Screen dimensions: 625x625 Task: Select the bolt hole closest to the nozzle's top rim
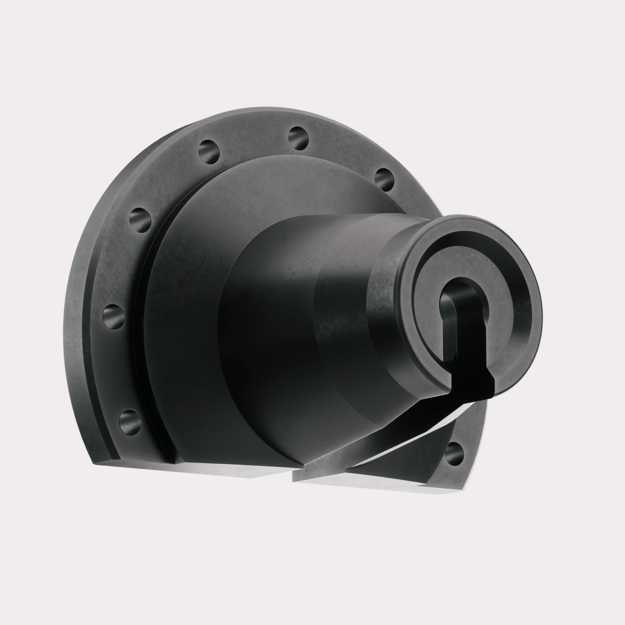point(384,179)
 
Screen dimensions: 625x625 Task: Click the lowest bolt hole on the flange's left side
point(130,420)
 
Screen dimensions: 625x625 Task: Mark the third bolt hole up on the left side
point(140,220)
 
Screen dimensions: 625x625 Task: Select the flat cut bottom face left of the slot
point(228,472)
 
